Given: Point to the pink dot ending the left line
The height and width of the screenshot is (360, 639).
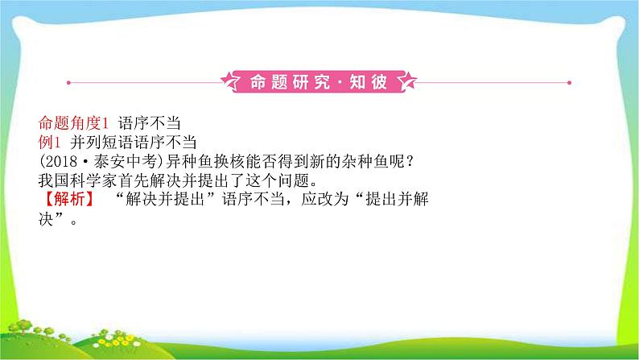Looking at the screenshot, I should pyautogui.click(x=69, y=81).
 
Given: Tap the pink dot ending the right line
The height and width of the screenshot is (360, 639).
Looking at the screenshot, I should pyautogui.click(x=571, y=81).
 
